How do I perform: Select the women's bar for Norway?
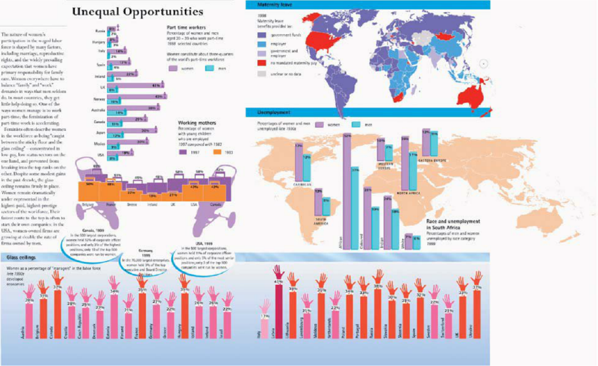[x=136, y=96]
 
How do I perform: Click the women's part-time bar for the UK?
[x=135, y=85]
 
